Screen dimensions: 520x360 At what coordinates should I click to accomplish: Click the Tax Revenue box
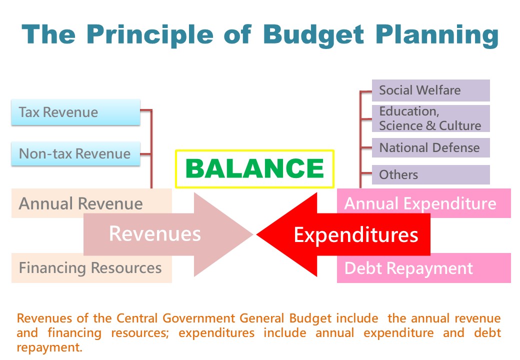tap(75, 112)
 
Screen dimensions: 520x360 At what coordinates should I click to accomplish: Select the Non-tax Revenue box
tap(75, 153)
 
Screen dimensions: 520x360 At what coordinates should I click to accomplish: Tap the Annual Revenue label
tap(80, 203)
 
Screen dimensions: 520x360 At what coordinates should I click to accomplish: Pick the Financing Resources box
tap(91, 268)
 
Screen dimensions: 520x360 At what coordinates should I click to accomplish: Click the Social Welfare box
tap(431, 90)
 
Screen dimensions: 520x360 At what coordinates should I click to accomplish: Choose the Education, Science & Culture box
tap(431, 118)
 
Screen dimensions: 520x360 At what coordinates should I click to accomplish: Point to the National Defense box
tap(431, 148)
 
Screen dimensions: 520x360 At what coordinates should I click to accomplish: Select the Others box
tap(431, 174)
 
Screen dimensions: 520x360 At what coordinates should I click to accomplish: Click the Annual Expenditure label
tap(420, 203)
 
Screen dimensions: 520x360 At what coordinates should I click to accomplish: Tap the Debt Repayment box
tap(424, 268)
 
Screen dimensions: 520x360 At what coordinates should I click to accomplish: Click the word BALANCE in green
tap(254, 168)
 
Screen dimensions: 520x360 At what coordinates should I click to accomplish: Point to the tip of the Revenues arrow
tap(253, 234)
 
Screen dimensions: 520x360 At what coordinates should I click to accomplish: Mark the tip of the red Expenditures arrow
tap(256, 234)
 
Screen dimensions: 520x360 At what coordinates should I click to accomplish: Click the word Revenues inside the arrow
tap(155, 233)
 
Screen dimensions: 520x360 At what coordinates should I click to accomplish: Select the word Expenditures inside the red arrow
tap(356, 235)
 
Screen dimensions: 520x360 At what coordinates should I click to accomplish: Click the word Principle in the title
tap(149, 35)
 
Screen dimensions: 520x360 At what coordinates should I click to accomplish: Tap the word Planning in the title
tap(437, 35)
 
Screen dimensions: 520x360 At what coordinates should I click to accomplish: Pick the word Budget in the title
tap(313, 35)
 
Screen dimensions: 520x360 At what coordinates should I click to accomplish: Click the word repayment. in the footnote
tap(49, 347)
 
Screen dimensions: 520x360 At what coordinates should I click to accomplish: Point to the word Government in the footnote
tap(198, 318)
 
